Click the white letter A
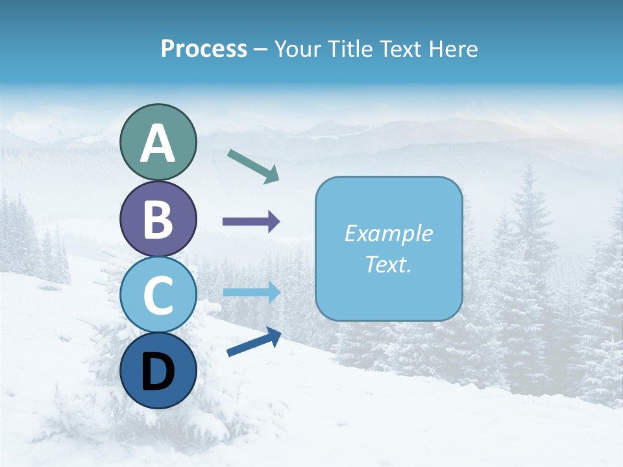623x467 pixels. tap(158, 143)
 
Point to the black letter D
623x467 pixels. tap(158, 372)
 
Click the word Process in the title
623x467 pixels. tap(204, 49)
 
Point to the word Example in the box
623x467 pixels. tap(389, 233)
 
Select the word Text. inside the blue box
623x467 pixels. tap(389, 264)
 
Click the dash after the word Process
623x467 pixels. tap(260, 50)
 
